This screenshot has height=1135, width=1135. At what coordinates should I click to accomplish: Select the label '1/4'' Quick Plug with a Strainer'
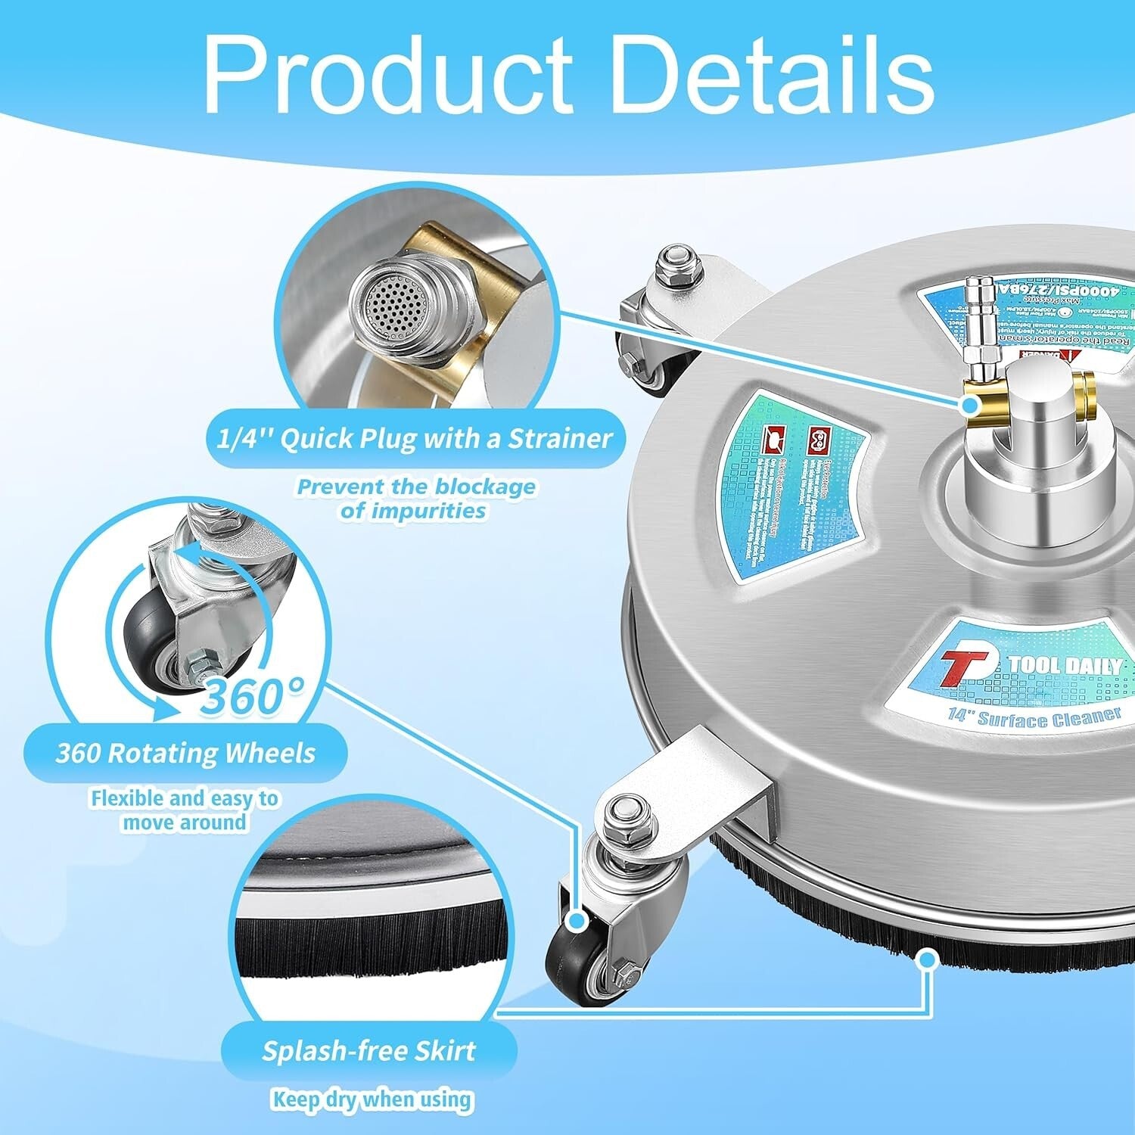point(415,438)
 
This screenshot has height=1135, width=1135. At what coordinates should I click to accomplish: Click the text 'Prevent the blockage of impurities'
point(415,498)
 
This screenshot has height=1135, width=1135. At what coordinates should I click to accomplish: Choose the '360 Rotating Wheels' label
point(186,754)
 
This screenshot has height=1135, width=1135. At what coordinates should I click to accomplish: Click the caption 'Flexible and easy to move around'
point(185,810)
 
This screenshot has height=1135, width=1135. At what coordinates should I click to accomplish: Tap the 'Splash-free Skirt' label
point(369,1051)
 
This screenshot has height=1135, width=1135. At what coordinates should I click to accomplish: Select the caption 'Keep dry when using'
point(371,1099)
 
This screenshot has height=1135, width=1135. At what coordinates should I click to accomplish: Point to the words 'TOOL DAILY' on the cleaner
point(1064,666)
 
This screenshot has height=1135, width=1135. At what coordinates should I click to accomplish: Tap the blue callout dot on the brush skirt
point(927,959)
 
